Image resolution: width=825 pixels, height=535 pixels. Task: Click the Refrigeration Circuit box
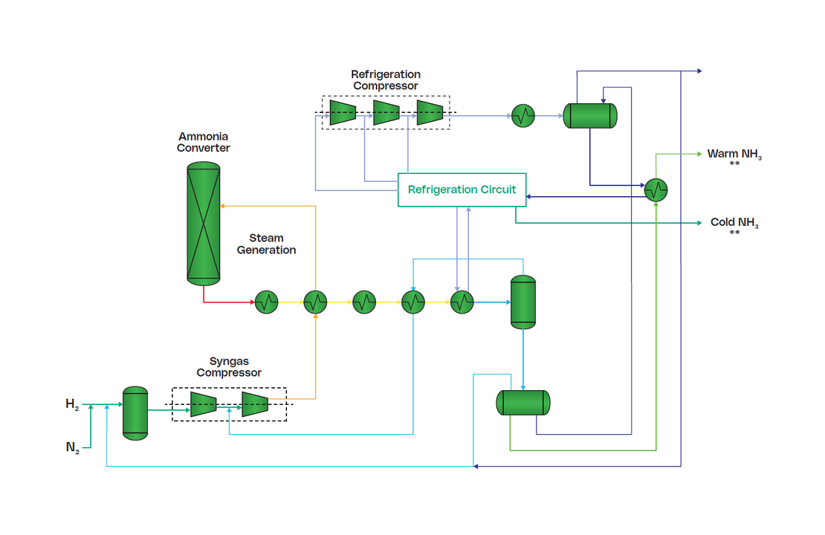click(462, 189)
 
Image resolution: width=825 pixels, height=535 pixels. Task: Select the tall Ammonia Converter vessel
click(203, 223)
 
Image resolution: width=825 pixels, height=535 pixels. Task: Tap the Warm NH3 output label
click(734, 155)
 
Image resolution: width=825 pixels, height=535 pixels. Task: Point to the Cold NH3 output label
click(734, 223)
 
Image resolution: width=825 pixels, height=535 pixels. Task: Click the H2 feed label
click(72, 405)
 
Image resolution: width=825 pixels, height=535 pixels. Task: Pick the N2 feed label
click(72, 447)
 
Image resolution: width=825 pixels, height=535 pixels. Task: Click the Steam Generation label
click(266, 244)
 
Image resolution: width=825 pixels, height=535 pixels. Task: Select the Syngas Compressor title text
click(229, 367)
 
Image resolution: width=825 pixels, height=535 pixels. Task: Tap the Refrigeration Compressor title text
click(385, 80)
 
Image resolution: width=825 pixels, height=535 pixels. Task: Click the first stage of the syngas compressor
click(203, 404)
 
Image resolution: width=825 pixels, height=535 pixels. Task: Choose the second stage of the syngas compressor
click(254, 404)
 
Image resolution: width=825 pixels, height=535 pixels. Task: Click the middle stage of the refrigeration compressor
click(386, 113)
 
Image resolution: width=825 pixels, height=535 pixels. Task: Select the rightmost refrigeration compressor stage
click(430, 113)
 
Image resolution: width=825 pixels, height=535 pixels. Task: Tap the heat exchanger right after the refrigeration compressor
click(523, 115)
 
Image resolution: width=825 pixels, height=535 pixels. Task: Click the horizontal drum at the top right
click(590, 115)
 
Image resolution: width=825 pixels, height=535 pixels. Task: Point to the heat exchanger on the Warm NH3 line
click(656, 189)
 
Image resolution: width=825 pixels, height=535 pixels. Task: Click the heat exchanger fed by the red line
click(266, 302)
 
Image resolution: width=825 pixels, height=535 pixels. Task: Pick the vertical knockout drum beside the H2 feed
click(135, 412)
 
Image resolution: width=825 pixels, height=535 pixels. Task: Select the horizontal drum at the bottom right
click(523, 402)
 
